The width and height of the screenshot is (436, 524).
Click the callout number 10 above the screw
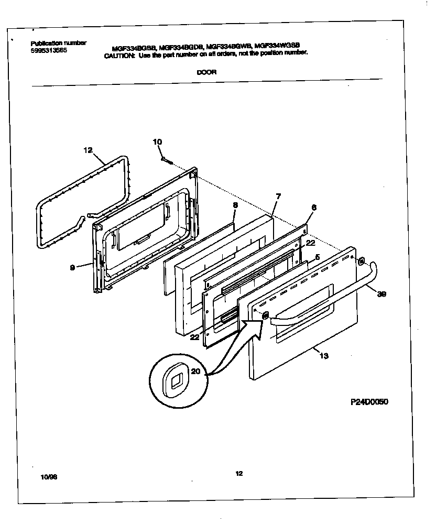(157, 142)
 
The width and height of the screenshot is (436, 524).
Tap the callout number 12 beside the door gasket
(88, 150)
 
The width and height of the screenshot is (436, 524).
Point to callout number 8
(235, 205)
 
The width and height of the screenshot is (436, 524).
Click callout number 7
(278, 196)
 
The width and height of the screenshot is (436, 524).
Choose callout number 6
(313, 208)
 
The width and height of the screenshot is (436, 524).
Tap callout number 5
(317, 258)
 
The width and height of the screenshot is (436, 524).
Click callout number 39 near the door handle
(381, 294)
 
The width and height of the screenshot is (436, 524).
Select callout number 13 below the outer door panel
(323, 356)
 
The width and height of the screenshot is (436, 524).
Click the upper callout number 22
(310, 243)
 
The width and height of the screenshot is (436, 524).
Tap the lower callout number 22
(194, 337)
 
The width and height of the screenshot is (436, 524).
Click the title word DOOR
(206, 73)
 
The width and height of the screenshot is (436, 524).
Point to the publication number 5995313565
(49, 50)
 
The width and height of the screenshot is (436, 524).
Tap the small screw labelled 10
(167, 160)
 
